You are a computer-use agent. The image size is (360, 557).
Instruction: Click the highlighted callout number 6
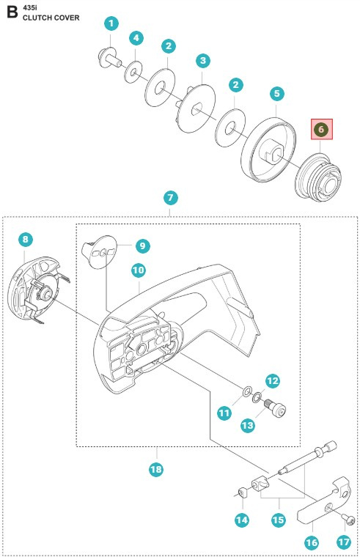coord(321,130)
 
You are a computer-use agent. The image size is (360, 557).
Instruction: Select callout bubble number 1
coord(110,24)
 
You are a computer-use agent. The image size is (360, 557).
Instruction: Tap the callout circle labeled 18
coord(155,469)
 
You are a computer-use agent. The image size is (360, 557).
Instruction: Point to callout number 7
coord(170,198)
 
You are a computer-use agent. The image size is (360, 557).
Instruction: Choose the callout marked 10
coord(139,270)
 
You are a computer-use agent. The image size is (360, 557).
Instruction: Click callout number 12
coord(272,380)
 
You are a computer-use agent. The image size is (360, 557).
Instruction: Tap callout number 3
coord(203,60)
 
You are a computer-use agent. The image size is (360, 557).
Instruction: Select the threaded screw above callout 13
coord(275,405)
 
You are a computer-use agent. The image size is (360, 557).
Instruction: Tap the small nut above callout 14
coord(241,491)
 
